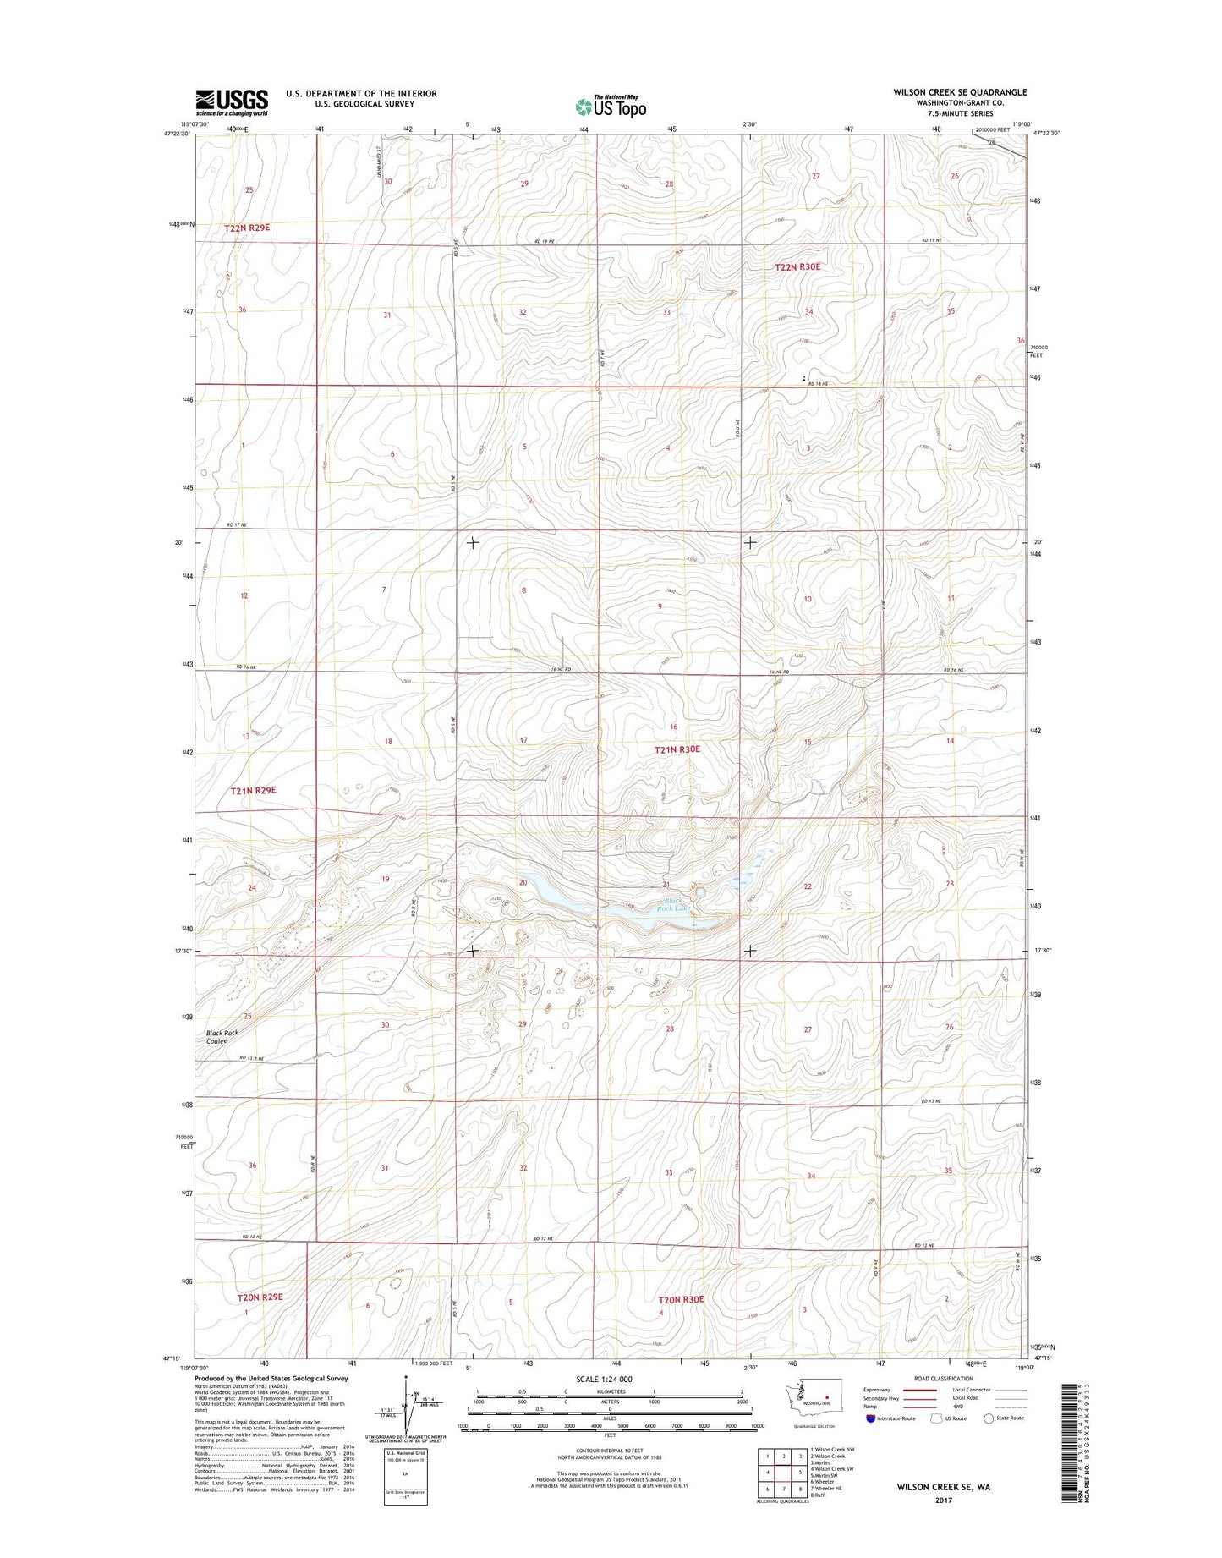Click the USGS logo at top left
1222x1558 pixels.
pyautogui.click(x=232, y=102)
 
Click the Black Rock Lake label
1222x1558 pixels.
pyautogui.click(x=674, y=905)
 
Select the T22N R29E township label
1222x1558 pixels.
pyautogui.click(x=248, y=228)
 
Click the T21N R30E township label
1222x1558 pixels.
pyautogui.click(x=677, y=749)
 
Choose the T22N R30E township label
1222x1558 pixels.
pyautogui.click(x=797, y=266)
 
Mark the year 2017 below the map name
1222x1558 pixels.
pyautogui.click(x=944, y=1500)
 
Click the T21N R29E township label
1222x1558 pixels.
pyautogui.click(x=254, y=790)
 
